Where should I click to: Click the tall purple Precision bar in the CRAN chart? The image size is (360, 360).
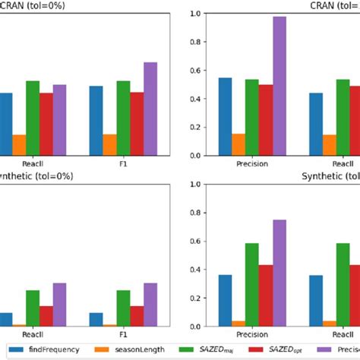(279, 87)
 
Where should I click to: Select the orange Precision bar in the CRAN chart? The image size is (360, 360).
(238, 145)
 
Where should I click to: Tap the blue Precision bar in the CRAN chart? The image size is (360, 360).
(225, 117)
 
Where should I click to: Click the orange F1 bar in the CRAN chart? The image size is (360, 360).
(109, 145)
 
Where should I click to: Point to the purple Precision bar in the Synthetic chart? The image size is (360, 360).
(279, 273)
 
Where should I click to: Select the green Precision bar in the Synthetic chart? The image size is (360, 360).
(252, 285)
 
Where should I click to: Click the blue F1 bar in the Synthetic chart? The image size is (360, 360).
(96, 319)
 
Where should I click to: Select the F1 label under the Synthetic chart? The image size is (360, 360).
(123, 335)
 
